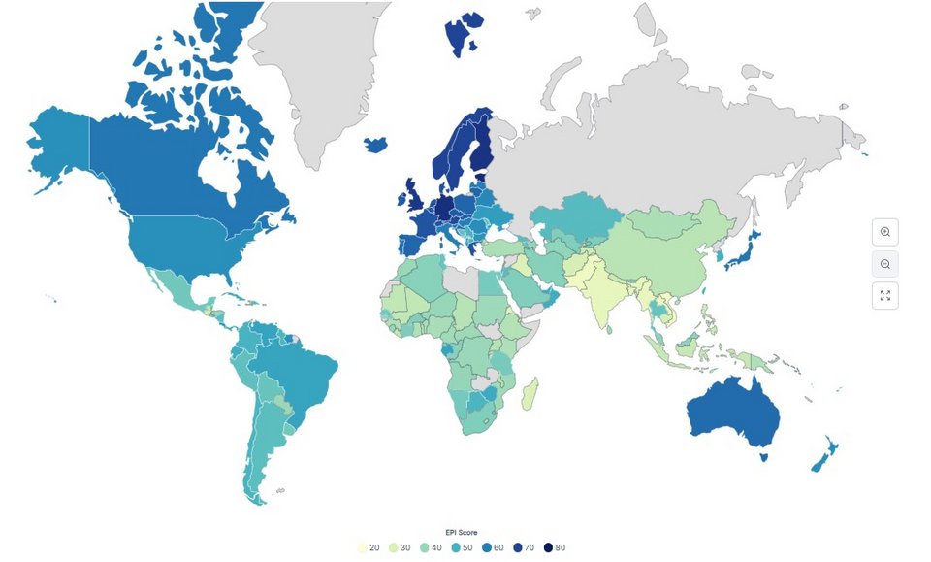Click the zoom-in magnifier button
[884, 232]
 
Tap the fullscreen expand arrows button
[884, 296]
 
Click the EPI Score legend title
[462, 533]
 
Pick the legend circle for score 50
[462, 548]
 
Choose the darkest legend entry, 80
[555, 548]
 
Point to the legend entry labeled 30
[400, 548]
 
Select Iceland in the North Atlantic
[376, 145]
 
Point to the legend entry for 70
[524, 548]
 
